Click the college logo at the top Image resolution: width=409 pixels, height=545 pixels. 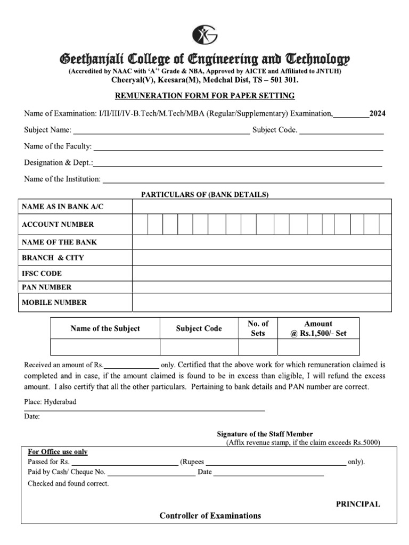pos(204,35)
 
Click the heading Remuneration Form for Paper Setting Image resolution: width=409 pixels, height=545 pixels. pos(205,96)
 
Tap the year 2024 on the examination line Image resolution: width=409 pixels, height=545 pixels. pos(378,113)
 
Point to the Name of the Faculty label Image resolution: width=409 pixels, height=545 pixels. pos(58,146)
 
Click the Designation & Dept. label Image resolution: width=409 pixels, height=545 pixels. pos(58,162)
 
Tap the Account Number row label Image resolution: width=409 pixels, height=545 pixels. pos(58,225)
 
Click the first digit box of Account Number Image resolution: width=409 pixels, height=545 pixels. pos(140,225)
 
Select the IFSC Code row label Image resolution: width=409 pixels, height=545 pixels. pos(42,274)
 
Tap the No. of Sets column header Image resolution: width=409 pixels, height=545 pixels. pos(258,328)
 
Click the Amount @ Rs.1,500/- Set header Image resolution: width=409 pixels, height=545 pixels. pos(318,328)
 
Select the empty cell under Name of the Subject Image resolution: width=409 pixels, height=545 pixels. pos(105,347)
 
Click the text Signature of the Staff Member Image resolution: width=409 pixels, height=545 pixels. pos(265,434)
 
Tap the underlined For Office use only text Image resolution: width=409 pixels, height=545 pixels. pos(58,452)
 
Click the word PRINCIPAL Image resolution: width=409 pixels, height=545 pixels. pos(357,504)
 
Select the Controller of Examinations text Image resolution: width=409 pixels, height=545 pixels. pos(210,516)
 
